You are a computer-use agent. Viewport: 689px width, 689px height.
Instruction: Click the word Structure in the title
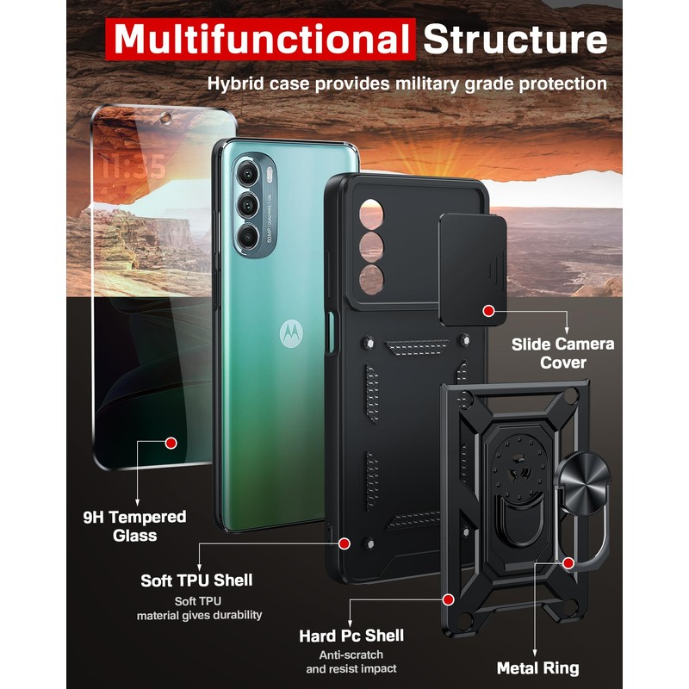(x=515, y=40)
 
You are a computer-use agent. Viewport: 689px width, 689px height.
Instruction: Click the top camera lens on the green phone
(x=249, y=176)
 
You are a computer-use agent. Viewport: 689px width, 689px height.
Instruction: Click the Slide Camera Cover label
(x=562, y=353)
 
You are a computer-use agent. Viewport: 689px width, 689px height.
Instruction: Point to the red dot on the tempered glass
(x=171, y=443)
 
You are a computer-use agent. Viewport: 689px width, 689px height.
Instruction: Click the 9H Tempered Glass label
(x=133, y=525)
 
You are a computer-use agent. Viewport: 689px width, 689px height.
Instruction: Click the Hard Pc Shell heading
(x=351, y=636)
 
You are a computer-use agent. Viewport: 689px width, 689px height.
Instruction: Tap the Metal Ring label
(x=537, y=667)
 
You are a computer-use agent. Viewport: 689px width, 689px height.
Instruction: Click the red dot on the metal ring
(x=568, y=562)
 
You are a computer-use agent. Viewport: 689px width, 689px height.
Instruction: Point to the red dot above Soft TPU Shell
(x=344, y=543)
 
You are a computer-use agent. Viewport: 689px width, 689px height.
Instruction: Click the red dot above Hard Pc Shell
(x=448, y=598)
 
